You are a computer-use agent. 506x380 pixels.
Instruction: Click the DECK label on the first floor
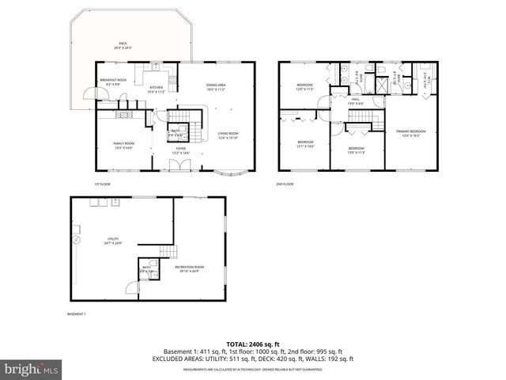(x=123, y=45)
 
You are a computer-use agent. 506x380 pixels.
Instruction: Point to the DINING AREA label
(x=216, y=86)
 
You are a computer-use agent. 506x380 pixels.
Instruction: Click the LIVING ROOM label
(x=228, y=135)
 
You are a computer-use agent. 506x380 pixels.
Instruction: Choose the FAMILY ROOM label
(x=123, y=145)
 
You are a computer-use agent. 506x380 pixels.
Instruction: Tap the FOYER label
(x=180, y=150)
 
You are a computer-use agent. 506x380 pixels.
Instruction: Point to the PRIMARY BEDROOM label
(x=411, y=132)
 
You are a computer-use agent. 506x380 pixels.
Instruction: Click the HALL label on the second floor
(x=356, y=101)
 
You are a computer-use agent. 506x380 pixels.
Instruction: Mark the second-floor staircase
(x=360, y=119)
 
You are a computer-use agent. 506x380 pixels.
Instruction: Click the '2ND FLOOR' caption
(x=285, y=184)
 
